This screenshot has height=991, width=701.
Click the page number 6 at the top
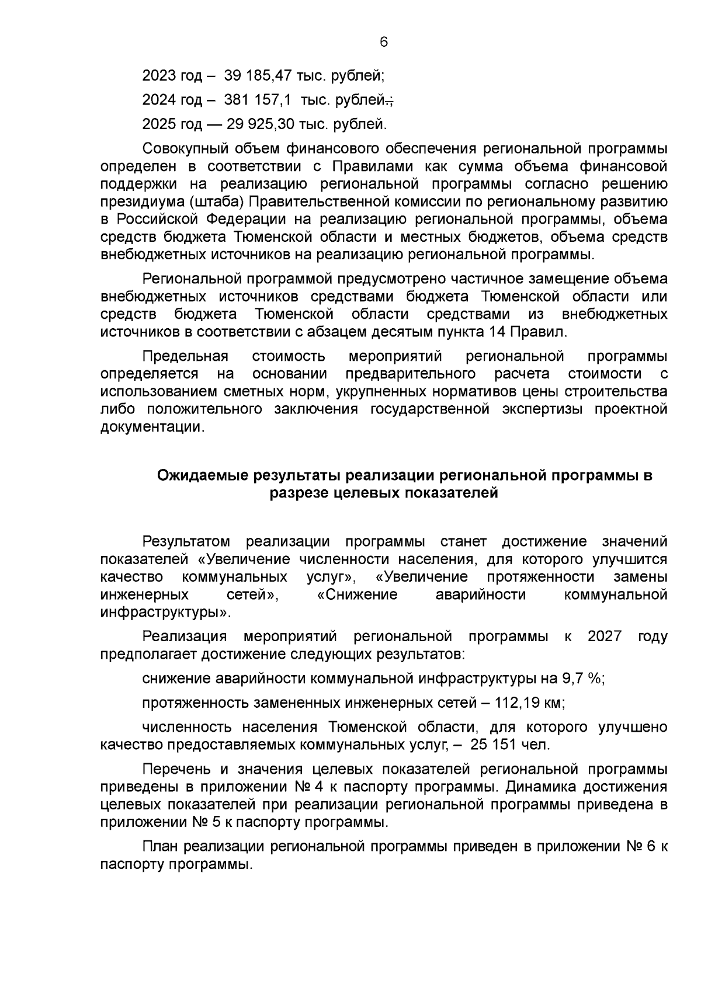384,42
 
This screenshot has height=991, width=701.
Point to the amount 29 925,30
265,124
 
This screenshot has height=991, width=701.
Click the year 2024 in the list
159,100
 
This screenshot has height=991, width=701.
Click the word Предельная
185,356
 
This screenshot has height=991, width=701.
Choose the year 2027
605,636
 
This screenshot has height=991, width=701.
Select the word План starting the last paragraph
161,847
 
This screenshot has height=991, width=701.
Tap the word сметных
224,391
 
